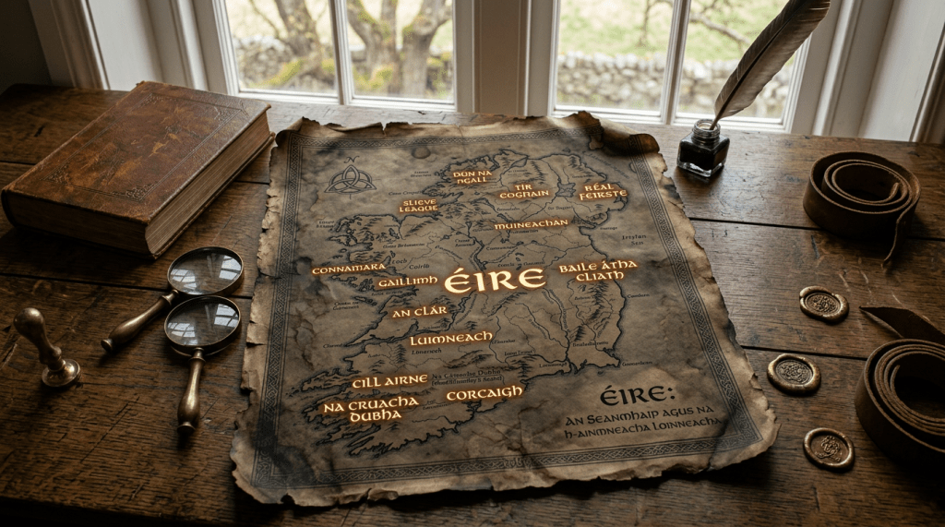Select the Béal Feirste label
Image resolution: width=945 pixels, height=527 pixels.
coord(601,191)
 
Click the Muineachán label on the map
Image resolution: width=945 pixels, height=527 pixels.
coord(531,224)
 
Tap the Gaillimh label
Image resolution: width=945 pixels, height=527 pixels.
coord(405,282)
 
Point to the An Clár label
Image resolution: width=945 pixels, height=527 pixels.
coord(420,311)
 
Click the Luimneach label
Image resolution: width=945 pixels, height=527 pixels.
coord(451,339)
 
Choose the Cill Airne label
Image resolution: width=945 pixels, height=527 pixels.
coord(389,380)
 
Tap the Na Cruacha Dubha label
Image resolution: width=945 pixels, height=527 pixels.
coord(370,409)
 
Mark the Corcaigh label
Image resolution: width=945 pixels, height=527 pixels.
coord(484,393)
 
